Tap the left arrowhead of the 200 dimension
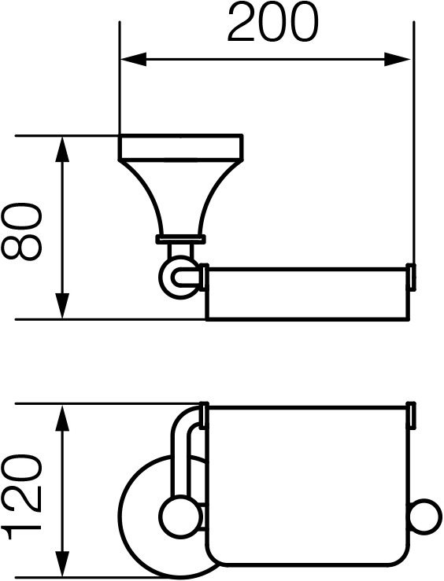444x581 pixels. click(134, 60)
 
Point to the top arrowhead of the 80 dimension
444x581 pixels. click(62, 149)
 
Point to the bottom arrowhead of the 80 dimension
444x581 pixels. click(62, 306)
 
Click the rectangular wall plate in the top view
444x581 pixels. click(180, 147)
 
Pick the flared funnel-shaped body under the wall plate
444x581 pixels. click(180, 197)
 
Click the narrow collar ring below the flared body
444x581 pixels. click(180, 239)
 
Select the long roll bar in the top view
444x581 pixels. click(309, 292)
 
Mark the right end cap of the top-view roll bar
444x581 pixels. click(412, 277)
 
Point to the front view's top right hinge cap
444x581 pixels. click(412, 415)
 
